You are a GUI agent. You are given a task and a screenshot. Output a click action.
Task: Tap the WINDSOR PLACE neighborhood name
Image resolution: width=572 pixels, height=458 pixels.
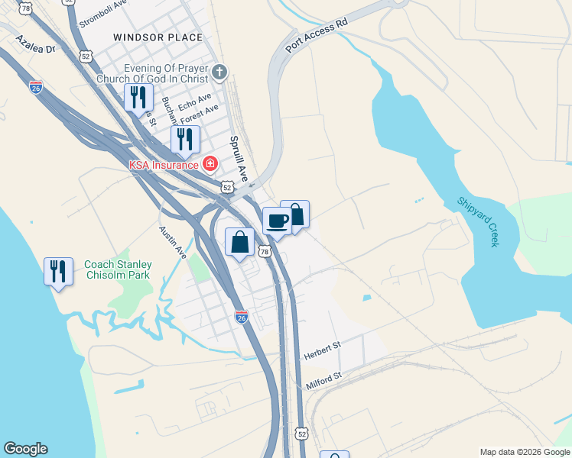pos(158,37)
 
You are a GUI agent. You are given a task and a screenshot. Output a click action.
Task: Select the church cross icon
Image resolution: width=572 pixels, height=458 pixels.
pos(219,73)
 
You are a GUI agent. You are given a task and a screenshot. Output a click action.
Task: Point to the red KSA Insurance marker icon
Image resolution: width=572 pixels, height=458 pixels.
pos(210,163)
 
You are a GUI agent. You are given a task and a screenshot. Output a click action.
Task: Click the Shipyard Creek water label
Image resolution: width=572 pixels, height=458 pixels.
pos(478,221)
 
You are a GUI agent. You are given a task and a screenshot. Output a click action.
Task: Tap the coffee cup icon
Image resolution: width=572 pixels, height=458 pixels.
pos(276,221)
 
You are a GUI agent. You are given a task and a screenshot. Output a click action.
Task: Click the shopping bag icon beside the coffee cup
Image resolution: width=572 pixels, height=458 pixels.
pos(296,214)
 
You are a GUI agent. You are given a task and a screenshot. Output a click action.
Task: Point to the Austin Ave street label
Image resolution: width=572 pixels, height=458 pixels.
pos(173,243)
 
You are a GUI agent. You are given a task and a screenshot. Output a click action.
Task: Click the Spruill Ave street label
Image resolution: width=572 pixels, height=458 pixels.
pos(239,159)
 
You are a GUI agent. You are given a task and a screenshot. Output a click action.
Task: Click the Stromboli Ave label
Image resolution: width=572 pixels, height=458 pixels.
pos(102,17)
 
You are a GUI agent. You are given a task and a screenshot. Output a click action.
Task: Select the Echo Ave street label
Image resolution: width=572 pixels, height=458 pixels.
pos(194,102)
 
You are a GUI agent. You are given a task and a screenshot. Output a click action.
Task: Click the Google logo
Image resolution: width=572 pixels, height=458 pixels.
pos(25,449)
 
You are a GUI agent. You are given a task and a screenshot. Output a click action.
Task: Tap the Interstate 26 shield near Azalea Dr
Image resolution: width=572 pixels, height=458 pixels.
pos(35,88)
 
